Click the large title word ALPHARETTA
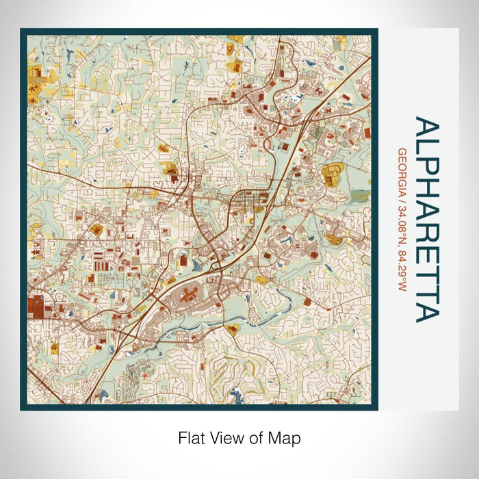(426, 219)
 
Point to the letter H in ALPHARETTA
(426, 182)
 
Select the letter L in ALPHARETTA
(426, 144)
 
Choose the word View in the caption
(224, 437)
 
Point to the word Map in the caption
(286, 437)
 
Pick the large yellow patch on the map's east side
(331, 174)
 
